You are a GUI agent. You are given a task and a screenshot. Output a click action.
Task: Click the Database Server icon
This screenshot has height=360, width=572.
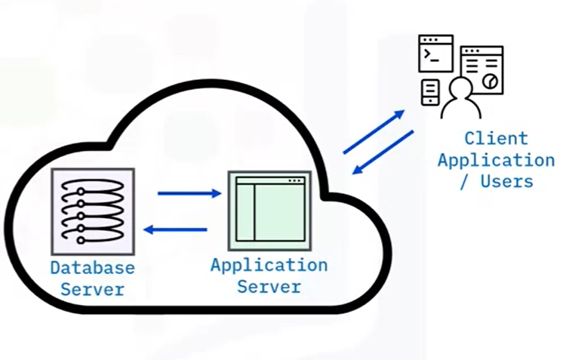[93, 211]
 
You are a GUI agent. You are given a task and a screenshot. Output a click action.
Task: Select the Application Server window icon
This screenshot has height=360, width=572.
[269, 211]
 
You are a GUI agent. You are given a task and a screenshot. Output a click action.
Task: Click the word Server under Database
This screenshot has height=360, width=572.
[92, 289]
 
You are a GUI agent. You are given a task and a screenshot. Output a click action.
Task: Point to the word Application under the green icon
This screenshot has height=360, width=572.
[269, 266]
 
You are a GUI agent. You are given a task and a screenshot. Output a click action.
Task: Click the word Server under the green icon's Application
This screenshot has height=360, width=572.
[269, 287]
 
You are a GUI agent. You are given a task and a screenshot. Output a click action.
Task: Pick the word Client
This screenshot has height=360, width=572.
[496, 139]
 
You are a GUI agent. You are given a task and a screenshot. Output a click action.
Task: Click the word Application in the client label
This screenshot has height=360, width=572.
[496, 160]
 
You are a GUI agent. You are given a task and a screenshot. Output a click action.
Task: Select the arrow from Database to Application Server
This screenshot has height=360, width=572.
[189, 194]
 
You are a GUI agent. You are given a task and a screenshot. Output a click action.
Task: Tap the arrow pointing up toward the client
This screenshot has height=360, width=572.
[374, 132]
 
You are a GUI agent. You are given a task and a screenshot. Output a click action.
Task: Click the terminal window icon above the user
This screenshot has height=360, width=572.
[435, 54]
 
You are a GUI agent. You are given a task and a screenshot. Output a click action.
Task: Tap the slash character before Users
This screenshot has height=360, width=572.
[463, 181]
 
